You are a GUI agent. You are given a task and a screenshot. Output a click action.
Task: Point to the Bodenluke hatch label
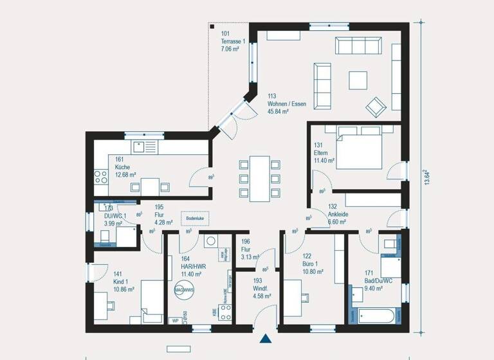(196, 219)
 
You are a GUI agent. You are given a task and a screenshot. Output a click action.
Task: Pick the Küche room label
(123, 166)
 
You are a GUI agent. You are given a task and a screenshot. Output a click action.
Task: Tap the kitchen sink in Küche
(145, 147)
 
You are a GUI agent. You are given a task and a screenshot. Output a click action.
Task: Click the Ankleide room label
(338, 215)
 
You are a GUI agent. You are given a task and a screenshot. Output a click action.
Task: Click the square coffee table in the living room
(358, 80)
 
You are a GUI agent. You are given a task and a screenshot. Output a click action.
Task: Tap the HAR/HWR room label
(193, 267)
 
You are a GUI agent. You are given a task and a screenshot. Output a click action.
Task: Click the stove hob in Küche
(101, 175)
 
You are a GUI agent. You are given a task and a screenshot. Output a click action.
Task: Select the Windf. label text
(261, 289)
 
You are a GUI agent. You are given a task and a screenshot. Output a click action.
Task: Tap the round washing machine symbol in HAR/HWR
(210, 242)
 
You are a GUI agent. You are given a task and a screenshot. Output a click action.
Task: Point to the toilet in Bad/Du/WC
(390, 244)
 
